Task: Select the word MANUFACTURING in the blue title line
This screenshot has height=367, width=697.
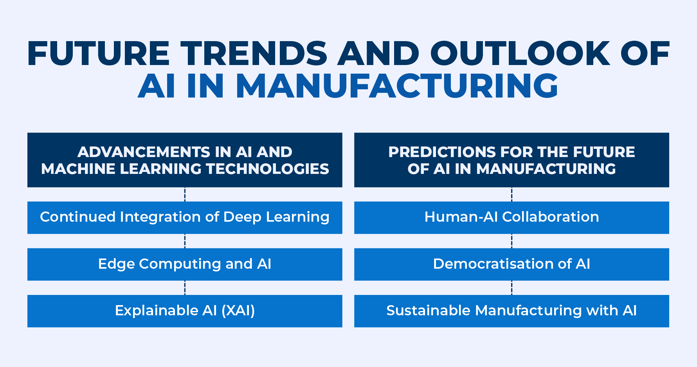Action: pos(397,85)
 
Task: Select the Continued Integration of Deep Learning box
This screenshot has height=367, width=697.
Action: pos(185,218)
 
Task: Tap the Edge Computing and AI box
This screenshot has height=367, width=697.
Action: pos(185,264)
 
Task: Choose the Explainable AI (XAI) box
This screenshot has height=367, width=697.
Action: pos(185,311)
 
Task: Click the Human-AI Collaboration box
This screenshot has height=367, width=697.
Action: pos(511,218)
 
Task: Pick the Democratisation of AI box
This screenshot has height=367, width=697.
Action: pos(511,264)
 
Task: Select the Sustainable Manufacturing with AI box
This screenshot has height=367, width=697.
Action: pos(511,311)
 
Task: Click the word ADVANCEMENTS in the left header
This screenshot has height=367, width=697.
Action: pos(143,152)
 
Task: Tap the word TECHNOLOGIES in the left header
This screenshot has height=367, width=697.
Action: pos(268,169)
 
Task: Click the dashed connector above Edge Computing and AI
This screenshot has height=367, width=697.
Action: pos(185,241)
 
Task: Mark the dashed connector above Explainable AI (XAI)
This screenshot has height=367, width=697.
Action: pos(185,287)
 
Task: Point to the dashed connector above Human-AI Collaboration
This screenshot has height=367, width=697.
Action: pos(511,194)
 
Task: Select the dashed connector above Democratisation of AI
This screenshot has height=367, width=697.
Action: pos(511,241)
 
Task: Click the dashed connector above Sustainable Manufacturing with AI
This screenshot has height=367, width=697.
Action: pos(511,287)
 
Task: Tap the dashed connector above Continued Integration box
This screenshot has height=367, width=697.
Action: pos(185,194)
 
